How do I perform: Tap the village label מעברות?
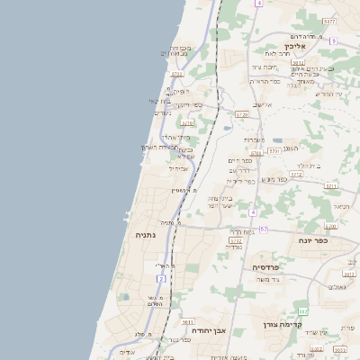point(254,139)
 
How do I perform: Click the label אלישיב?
point(262,104)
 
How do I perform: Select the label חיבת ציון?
point(262,67)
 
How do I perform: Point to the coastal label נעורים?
point(162,112)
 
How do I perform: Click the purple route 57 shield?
point(263,229)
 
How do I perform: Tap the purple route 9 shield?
point(333,41)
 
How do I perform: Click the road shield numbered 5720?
point(241,115)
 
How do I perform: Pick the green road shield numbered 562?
point(303,310)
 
